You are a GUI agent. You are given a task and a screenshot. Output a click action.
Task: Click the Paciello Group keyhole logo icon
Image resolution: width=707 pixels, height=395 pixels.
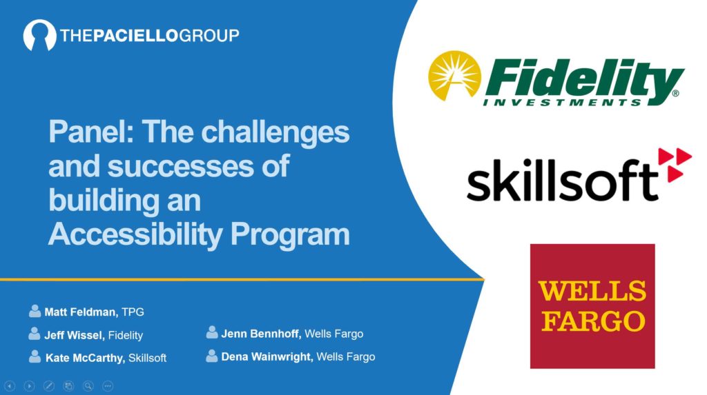(x=39, y=35)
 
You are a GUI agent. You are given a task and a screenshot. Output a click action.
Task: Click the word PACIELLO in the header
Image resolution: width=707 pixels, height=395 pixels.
(x=136, y=36)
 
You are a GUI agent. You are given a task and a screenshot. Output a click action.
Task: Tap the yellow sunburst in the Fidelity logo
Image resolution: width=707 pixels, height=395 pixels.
(x=454, y=75)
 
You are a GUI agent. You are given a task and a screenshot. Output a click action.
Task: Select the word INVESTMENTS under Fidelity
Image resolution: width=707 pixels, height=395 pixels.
(x=562, y=103)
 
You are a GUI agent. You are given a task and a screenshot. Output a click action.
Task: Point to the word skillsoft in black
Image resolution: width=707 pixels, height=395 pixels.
(x=562, y=180)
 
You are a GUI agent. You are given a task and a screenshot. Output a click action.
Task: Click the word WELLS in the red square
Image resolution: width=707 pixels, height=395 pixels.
(x=592, y=291)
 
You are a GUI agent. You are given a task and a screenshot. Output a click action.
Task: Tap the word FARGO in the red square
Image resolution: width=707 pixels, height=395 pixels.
(x=593, y=321)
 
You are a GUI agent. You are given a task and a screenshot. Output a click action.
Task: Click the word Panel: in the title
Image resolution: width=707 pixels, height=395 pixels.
(x=92, y=132)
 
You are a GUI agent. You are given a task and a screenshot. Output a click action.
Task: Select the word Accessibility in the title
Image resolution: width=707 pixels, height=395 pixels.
(x=135, y=234)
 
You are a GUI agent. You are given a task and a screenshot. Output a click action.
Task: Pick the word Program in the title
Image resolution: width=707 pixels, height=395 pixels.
(x=290, y=234)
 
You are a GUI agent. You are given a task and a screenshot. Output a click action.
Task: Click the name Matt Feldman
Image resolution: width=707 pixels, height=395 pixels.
(x=81, y=312)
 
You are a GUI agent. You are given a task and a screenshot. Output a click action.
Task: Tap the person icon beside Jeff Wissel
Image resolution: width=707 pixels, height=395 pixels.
(x=34, y=333)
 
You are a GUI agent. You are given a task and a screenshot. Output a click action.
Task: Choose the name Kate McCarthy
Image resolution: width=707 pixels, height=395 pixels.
(x=85, y=358)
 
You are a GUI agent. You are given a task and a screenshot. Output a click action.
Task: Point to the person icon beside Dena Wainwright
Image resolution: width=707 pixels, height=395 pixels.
(x=212, y=356)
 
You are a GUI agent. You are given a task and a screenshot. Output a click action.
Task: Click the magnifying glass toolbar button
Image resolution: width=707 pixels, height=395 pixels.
(x=88, y=386)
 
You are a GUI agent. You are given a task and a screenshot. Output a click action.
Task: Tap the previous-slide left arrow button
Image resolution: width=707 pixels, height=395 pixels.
(x=10, y=386)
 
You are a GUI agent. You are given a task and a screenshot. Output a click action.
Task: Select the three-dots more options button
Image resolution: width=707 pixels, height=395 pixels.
(x=108, y=386)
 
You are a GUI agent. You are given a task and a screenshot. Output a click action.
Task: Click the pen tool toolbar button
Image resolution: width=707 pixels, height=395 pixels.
(x=49, y=386)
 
